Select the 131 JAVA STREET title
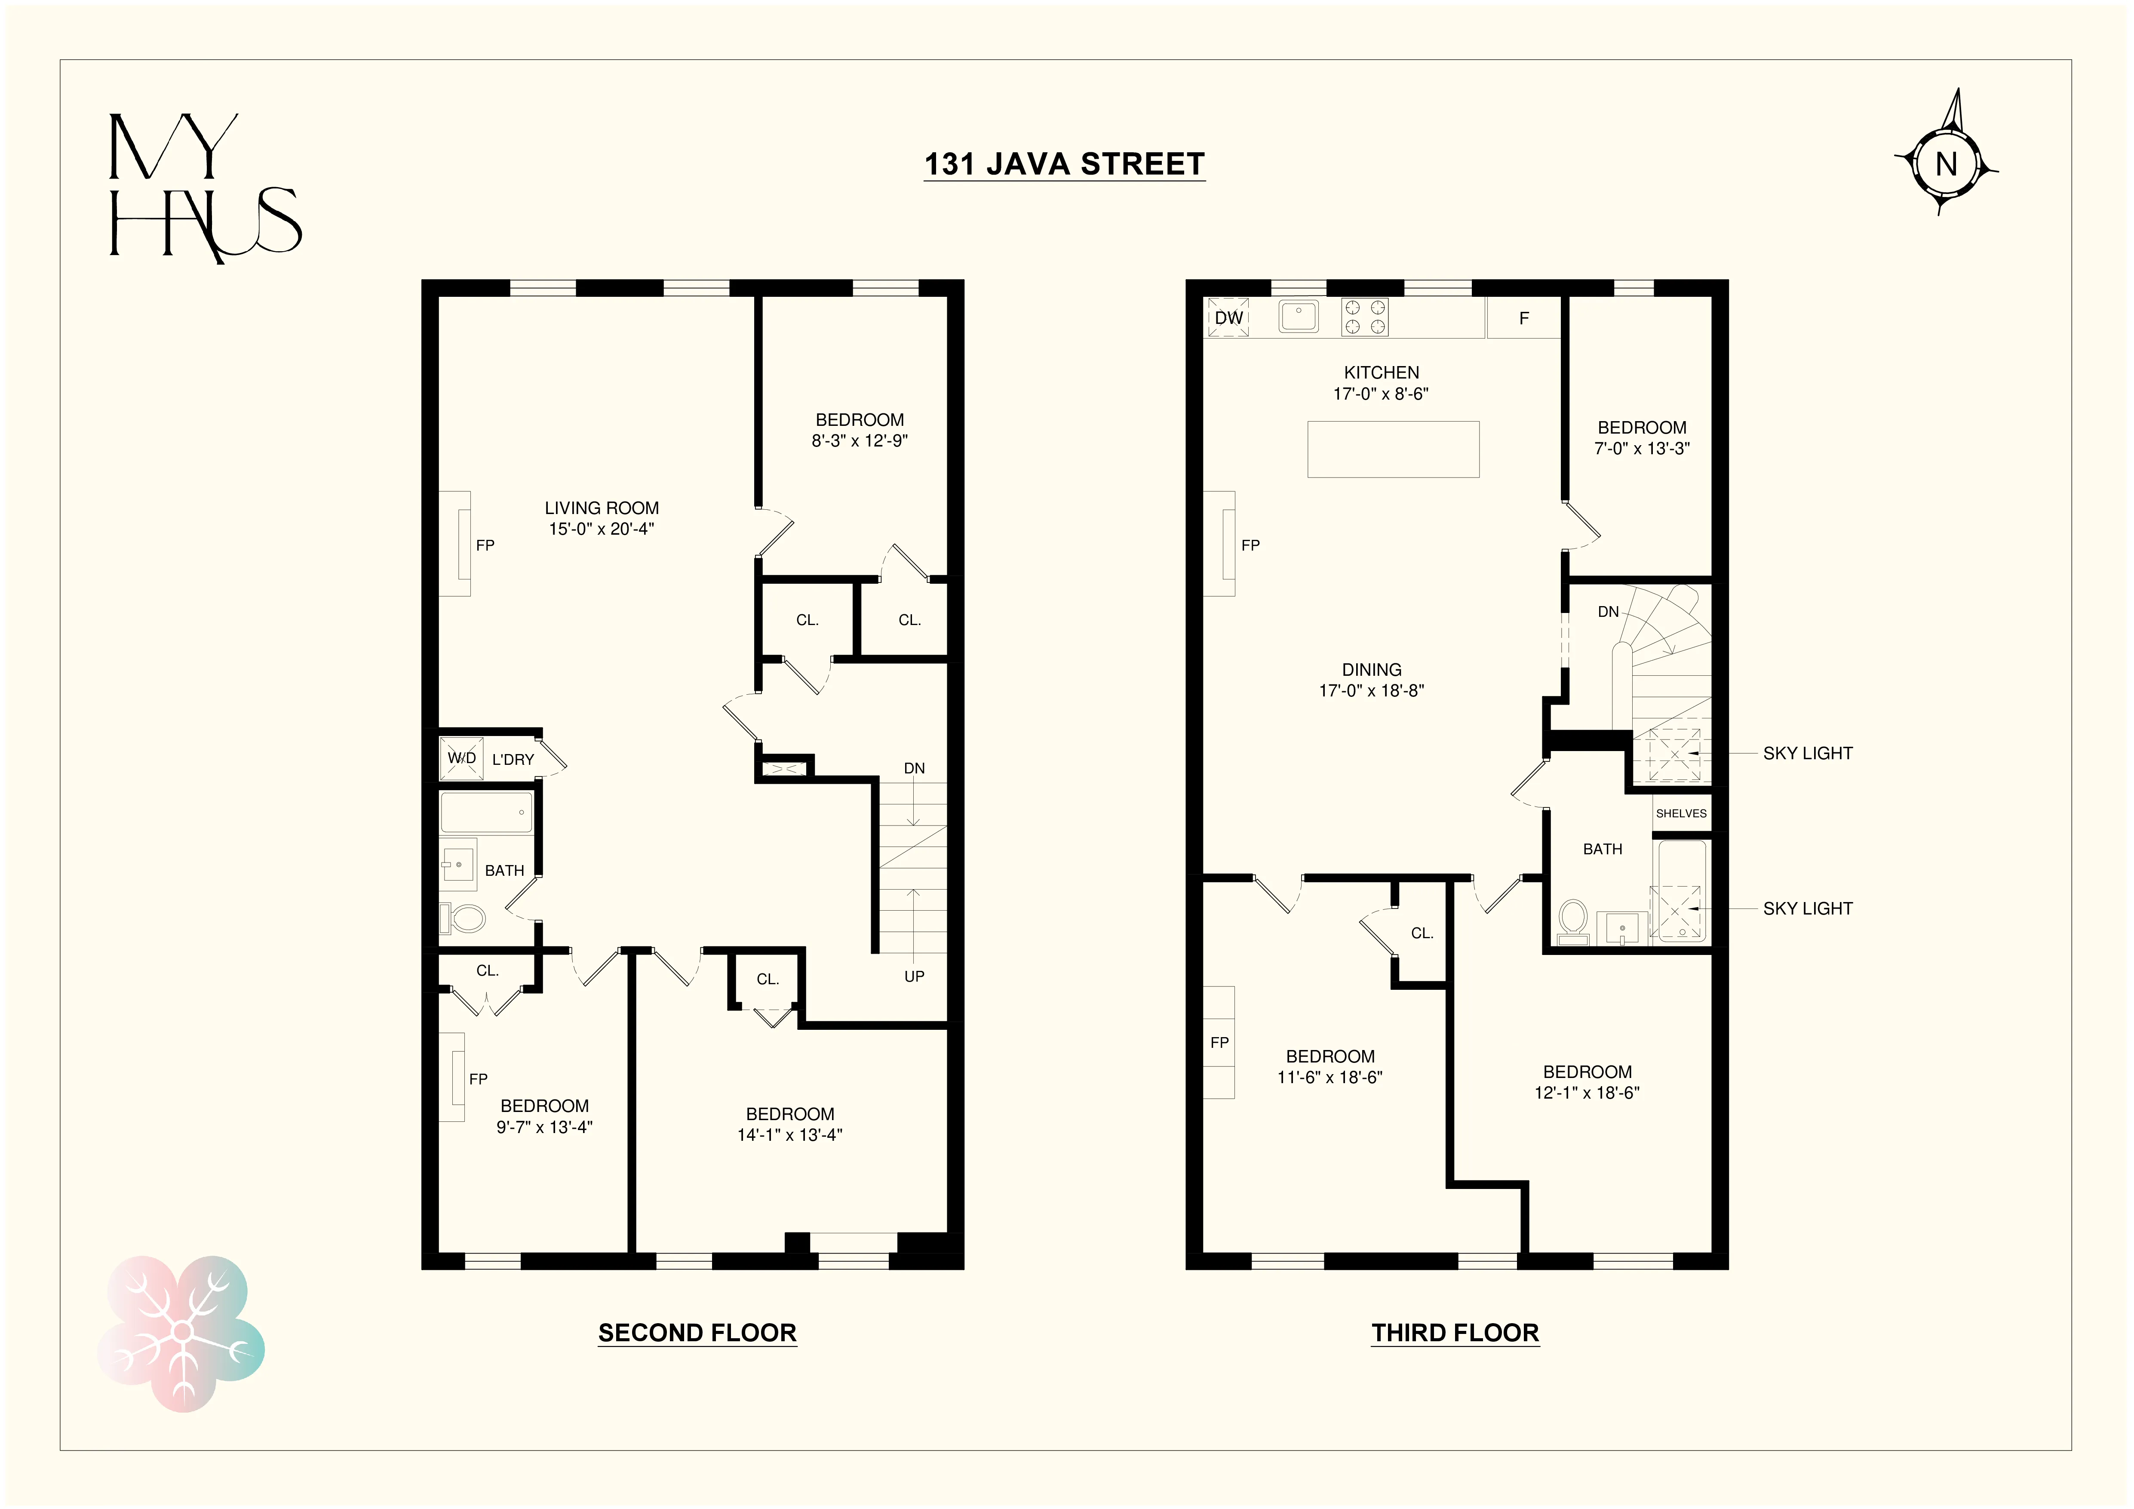tap(1064, 165)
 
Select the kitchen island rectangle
tap(1392, 449)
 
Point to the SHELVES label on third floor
tap(1680, 813)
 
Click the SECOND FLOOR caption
tap(697, 1332)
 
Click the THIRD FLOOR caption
tap(1455, 1332)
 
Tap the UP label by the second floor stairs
tap(914, 976)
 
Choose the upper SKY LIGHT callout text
tap(1807, 753)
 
